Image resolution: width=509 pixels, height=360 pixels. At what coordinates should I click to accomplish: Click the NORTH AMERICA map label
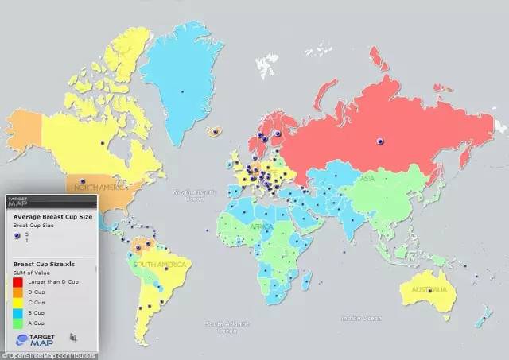pos(100,188)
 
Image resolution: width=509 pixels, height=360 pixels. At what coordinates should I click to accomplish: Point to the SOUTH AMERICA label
pos(161,264)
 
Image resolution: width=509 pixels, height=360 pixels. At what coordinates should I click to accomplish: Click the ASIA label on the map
pos(367,179)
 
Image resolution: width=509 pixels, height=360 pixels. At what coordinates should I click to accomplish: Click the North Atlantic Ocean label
pos(194,195)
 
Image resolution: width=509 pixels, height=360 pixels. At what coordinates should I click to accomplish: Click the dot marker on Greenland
pos(182,91)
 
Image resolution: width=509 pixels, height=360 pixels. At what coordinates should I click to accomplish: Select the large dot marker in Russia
pos(380,141)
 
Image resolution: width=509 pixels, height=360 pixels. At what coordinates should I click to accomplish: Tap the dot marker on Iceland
pos(214,131)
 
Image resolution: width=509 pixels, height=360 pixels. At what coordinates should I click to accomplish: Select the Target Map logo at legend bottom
pos(34,339)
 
